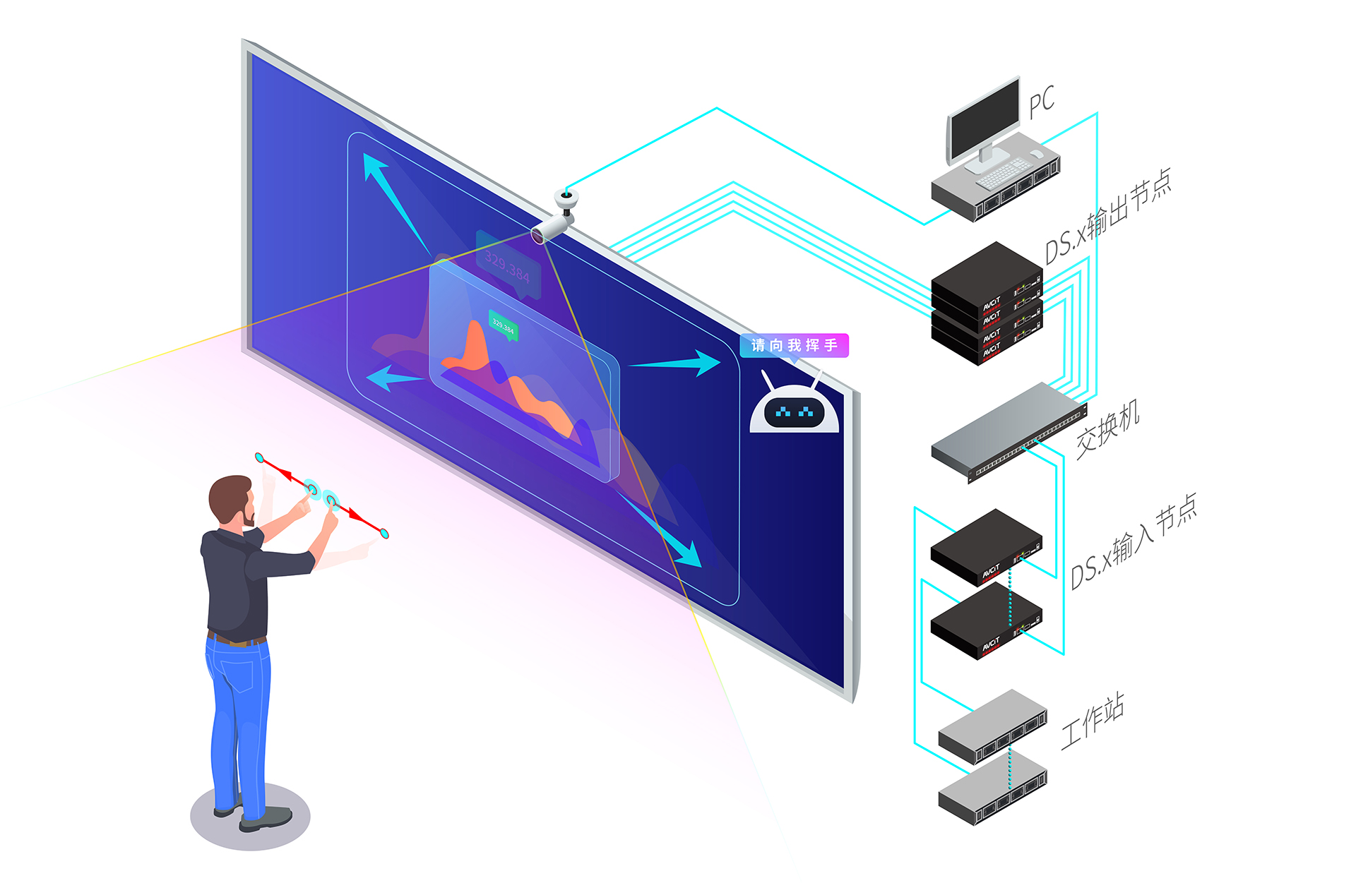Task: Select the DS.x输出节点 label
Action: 1107,217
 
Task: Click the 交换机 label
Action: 1107,429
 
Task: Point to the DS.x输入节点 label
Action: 1133,541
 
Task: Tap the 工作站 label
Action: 1092,720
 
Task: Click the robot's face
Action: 794,411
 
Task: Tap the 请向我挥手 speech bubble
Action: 794,345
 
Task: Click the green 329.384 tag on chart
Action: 504,326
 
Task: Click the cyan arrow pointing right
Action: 678,364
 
